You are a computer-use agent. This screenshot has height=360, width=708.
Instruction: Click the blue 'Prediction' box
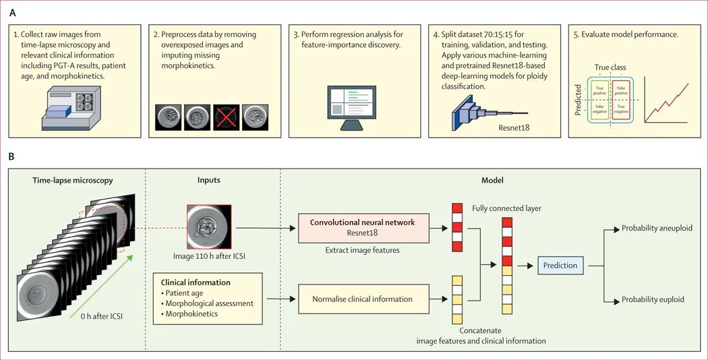coord(560,265)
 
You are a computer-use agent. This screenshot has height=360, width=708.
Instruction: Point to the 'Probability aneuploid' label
coord(656,228)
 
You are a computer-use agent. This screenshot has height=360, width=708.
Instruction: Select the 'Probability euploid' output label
coord(652,299)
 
